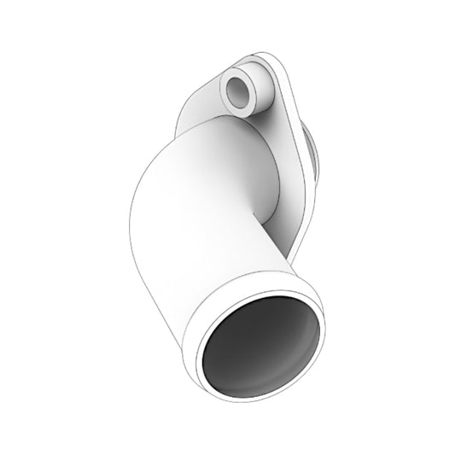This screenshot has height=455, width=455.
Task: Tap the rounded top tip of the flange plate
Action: point(256,58)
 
